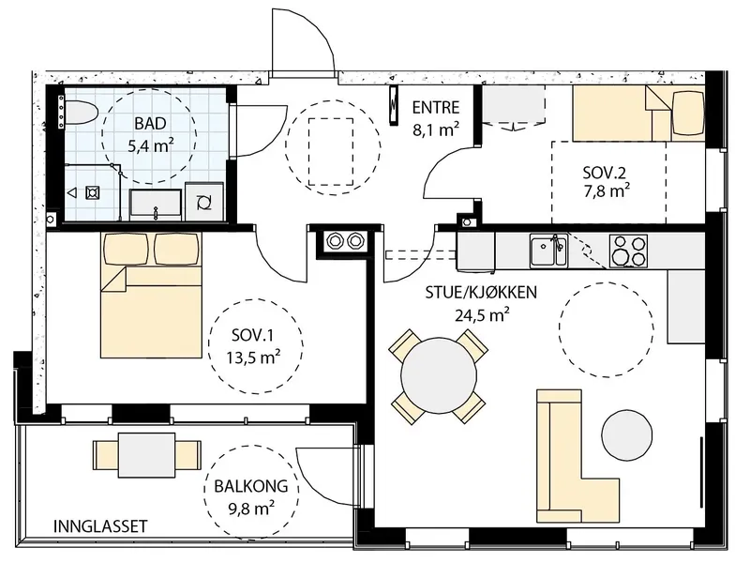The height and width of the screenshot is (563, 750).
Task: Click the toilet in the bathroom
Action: coord(82,113)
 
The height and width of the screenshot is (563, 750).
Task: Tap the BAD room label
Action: coord(150,124)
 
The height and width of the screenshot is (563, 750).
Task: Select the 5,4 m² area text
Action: coord(150,145)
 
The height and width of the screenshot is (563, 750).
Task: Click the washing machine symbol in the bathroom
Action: coord(204,202)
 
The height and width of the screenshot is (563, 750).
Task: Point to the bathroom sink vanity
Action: coord(156,205)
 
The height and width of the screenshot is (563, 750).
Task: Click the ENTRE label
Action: coord(436,107)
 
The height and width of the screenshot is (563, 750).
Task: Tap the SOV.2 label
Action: coord(604,173)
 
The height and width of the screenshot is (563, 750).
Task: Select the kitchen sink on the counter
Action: coord(548,251)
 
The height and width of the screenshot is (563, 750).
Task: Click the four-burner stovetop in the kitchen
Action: coord(628,251)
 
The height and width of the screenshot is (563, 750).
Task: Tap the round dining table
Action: coord(439,376)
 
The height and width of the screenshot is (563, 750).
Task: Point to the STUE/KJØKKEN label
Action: coord(481,292)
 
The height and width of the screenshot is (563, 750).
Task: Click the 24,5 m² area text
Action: coord(482,315)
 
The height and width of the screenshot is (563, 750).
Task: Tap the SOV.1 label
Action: coord(252,335)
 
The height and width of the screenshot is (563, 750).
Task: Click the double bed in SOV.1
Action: coord(151,296)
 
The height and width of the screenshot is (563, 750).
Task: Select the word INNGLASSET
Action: coord(100,526)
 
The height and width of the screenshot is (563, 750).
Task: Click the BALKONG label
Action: coord(250,486)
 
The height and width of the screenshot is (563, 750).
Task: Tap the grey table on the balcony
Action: coord(147,455)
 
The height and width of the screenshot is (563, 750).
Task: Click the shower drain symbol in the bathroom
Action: coord(92,193)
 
